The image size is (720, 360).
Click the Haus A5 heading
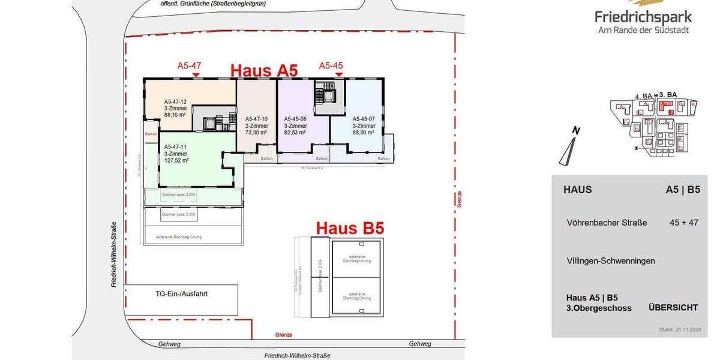[x=265, y=70]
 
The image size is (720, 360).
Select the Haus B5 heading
[x=350, y=228]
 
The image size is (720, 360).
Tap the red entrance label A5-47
[x=189, y=65]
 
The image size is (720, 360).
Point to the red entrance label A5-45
[x=331, y=65]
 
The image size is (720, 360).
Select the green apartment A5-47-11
[x=176, y=153]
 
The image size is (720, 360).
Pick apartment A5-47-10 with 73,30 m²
[x=256, y=126]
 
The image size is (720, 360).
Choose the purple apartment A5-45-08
[x=295, y=126]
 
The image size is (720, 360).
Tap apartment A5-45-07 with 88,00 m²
[x=364, y=126]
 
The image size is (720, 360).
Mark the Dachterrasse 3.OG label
[x=178, y=196]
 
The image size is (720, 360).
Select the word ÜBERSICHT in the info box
[x=673, y=307]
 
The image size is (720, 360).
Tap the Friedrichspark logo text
[x=643, y=17]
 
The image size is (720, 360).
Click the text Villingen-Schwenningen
[x=611, y=261]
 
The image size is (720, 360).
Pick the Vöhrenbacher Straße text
[x=607, y=223]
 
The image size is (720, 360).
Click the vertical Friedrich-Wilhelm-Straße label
[x=113, y=254]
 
